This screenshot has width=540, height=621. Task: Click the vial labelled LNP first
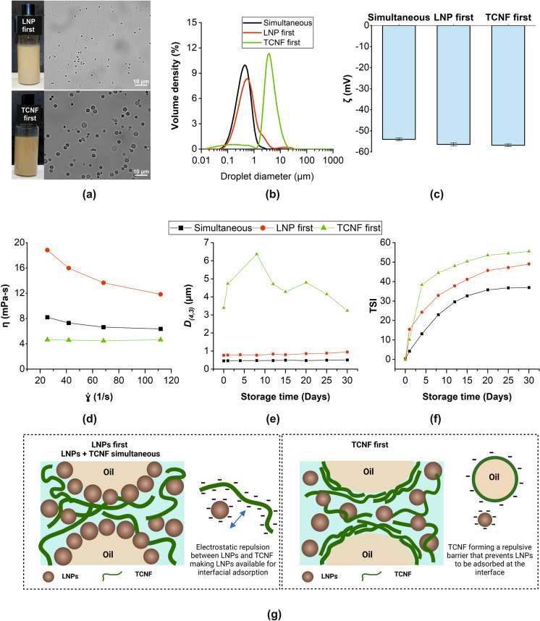(x=22, y=51)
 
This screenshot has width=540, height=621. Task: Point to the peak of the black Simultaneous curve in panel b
(x=245, y=65)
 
